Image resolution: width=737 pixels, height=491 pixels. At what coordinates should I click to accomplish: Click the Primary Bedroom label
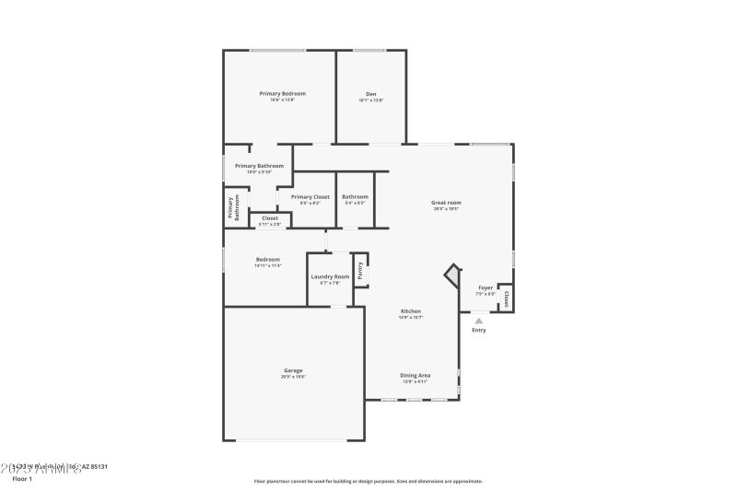(282, 93)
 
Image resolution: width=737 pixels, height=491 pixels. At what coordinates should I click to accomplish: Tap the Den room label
(370, 93)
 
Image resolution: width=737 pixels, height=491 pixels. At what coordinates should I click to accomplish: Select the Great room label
(446, 202)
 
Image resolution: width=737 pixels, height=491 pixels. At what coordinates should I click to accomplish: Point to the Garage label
(293, 370)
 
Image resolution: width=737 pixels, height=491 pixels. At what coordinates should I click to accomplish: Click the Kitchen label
(410, 311)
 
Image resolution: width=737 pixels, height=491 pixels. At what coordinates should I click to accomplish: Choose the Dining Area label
(415, 375)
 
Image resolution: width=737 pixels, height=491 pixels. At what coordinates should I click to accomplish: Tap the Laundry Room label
(330, 276)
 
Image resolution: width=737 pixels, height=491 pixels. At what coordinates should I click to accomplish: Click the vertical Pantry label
(360, 270)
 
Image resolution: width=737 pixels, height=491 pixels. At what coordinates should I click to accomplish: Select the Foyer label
(485, 288)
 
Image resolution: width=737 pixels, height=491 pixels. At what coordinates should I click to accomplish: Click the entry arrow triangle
(478, 321)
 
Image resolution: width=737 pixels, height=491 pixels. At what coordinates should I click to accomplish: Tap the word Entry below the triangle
(479, 330)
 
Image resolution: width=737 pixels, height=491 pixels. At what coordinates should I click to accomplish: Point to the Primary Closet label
(310, 196)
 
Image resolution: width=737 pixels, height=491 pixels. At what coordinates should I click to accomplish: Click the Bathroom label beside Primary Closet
(355, 196)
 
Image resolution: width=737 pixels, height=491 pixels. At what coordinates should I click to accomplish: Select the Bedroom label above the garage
(267, 259)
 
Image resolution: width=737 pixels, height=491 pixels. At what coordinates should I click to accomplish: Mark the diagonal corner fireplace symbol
(452, 275)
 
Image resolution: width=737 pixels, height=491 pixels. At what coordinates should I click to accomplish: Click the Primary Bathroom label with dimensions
(259, 166)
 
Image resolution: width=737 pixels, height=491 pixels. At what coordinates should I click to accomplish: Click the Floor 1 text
(21, 479)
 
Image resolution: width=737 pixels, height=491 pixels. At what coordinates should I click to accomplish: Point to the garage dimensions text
(293, 377)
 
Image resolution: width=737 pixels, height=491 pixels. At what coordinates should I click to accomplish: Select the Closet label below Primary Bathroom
(270, 217)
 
